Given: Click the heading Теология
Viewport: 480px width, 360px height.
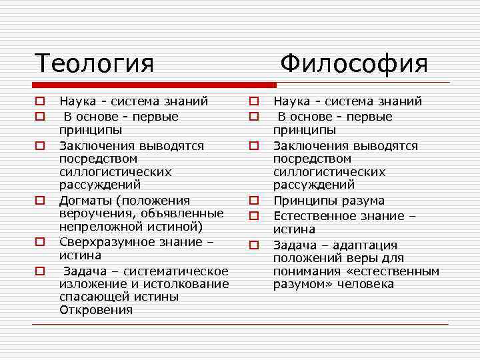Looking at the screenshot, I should point(94,63).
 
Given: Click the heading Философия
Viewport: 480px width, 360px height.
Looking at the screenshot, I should point(353,63).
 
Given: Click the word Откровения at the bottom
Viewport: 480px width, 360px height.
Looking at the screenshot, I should point(95,310).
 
